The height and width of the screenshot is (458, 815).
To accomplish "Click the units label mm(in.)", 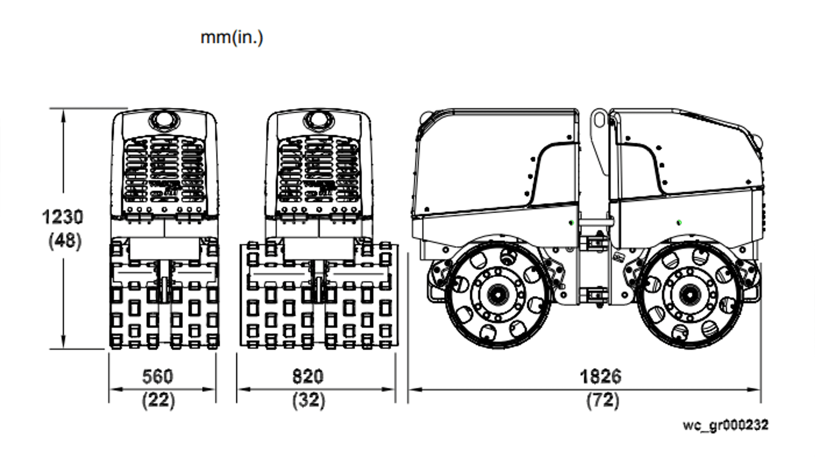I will [x=232, y=38].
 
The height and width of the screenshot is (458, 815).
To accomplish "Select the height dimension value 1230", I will [x=63, y=217].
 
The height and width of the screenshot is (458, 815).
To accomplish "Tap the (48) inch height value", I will [x=65, y=241].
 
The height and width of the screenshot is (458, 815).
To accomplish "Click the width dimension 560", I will [x=157, y=377].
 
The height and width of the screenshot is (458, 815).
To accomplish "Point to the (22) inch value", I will [x=158, y=400].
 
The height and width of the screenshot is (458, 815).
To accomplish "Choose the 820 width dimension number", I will [x=308, y=377].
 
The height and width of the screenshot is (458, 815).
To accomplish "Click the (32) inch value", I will [x=309, y=400].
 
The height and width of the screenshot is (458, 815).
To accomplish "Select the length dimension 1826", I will [x=600, y=377].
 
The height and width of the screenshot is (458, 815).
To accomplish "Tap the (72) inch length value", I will [x=602, y=400].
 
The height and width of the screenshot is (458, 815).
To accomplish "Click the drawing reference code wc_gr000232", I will [x=725, y=425].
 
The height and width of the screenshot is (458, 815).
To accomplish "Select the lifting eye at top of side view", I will [x=599, y=119].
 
